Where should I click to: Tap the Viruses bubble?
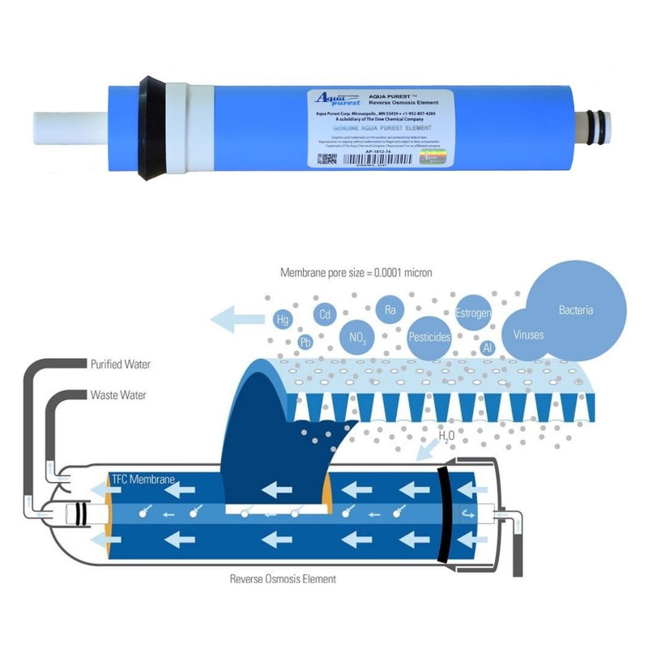[x=528, y=334]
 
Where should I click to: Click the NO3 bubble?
[x=356, y=332]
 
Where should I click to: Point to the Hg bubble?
[x=283, y=319]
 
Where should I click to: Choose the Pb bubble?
[x=305, y=342]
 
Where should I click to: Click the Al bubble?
[x=488, y=347]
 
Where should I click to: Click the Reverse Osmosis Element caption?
[x=283, y=579]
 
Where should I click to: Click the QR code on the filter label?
[x=326, y=159]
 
